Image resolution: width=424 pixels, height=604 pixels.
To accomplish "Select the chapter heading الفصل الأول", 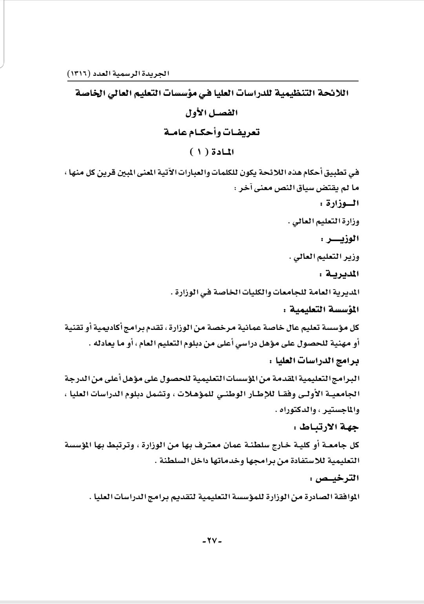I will click(x=212, y=113).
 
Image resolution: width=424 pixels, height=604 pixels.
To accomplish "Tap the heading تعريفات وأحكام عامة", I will click(x=212, y=132).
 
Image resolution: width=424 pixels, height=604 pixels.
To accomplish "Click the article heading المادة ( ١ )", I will click(x=212, y=151).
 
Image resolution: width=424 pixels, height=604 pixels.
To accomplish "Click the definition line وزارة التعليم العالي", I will click(x=324, y=222).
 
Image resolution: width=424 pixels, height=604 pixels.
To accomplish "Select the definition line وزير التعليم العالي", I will click(x=324, y=257).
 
